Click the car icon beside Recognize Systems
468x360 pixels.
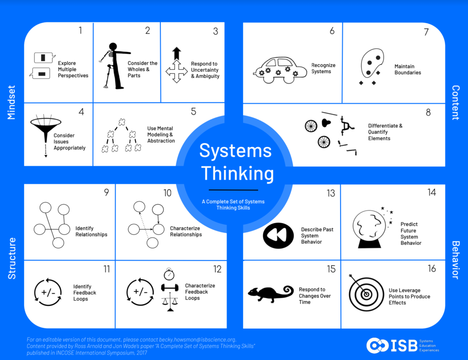click(x=280, y=70)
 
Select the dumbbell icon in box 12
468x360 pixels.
click(x=169, y=288)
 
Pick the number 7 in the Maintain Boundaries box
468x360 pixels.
click(x=426, y=32)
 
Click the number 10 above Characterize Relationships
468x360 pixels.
click(x=167, y=193)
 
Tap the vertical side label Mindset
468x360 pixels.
click(x=12, y=102)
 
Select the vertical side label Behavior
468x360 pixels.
click(x=455, y=260)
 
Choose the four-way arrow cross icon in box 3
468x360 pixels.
click(x=176, y=72)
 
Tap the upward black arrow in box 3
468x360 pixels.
click(x=177, y=53)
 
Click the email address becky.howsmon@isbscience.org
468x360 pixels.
click(x=197, y=339)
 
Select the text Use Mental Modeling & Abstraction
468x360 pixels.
click(x=161, y=135)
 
